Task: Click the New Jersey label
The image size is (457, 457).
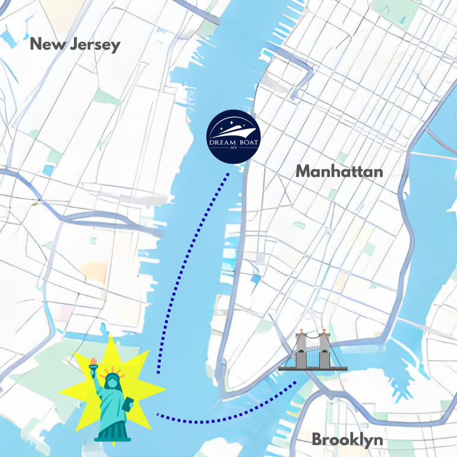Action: click(75, 45)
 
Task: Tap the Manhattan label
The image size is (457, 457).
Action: click(339, 172)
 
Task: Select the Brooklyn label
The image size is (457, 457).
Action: click(347, 440)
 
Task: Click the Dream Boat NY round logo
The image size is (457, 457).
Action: click(234, 136)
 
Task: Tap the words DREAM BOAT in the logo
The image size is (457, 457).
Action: click(234, 143)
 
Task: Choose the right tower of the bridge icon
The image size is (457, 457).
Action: click(324, 351)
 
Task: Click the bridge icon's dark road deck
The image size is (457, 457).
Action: click(313, 368)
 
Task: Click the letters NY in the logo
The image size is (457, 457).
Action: click(234, 148)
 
